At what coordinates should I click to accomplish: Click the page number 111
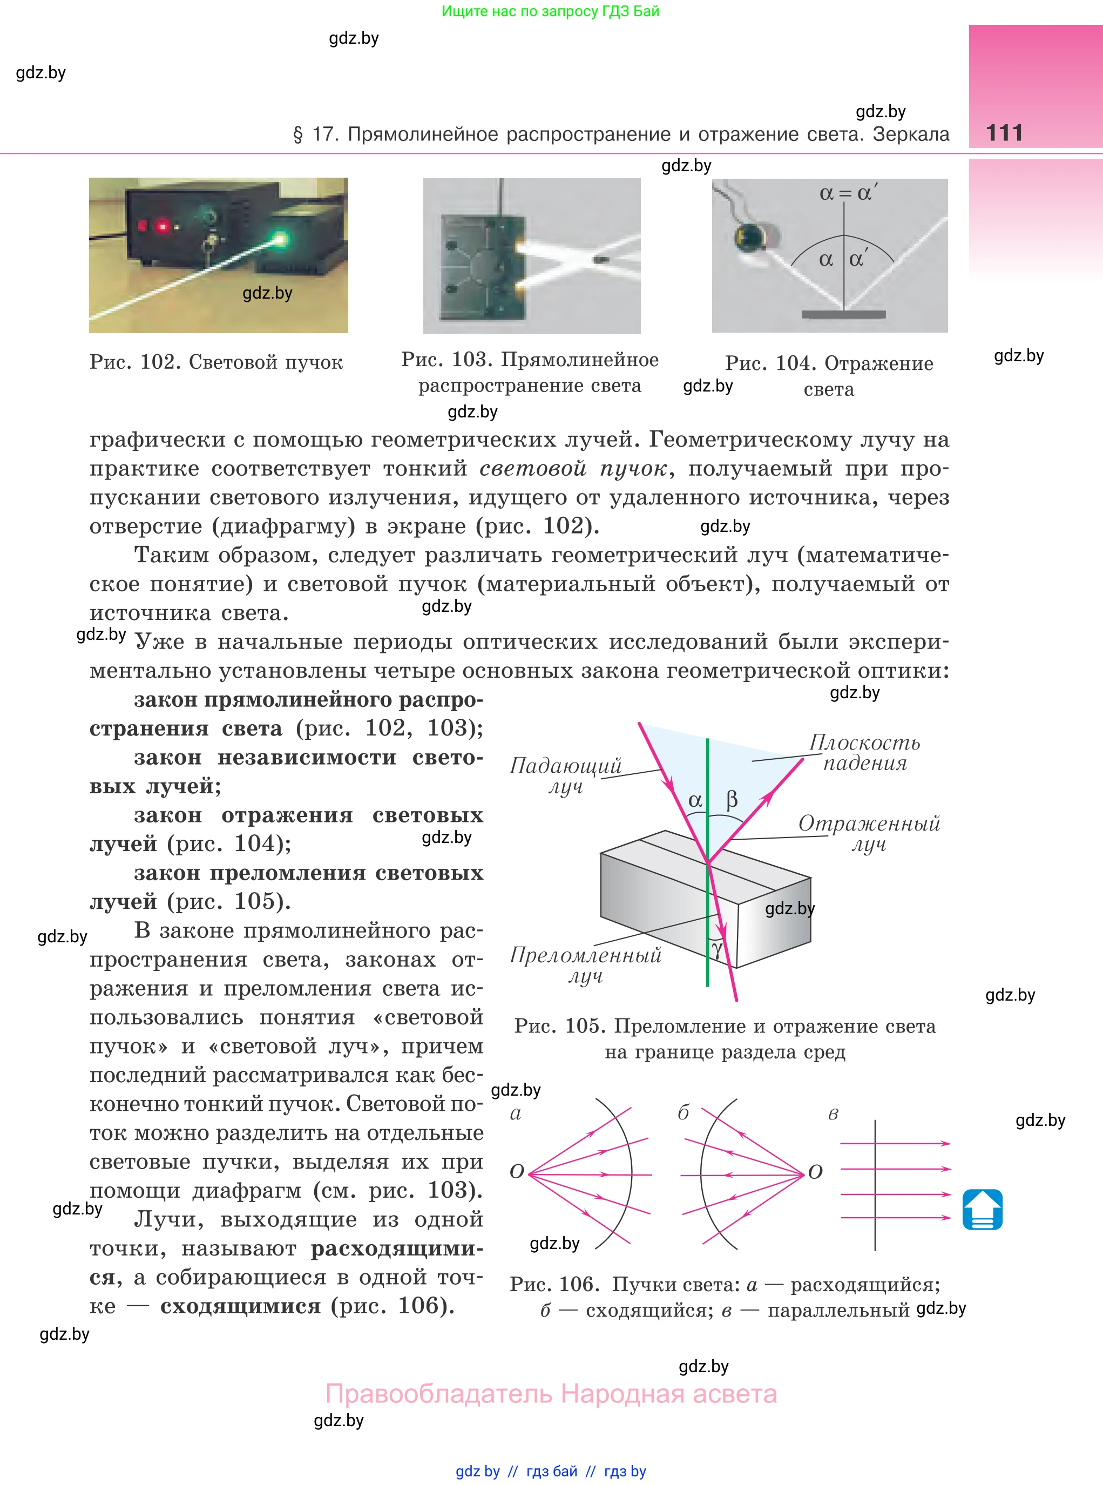click(x=1004, y=133)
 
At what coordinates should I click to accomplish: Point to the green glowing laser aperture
click(x=279, y=238)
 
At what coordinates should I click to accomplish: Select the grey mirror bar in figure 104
click(x=843, y=314)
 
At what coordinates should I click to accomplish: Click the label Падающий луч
click(x=565, y=776)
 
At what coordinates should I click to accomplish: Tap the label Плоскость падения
click(x=865, y=753)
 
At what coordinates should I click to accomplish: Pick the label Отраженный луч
click(x=869, y=833)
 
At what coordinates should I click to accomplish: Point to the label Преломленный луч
click(x=586, y=966)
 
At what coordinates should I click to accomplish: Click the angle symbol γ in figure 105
click(x=718, y=949)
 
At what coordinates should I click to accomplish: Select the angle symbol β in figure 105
click(x=732, y=799)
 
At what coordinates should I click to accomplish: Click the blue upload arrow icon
click(x=982, y=1209)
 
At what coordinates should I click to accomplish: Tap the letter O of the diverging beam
click(x=517, y=1172)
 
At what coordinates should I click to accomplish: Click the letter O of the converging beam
click(x=815, y=1172)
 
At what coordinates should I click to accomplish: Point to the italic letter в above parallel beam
click(x=833, y=1113)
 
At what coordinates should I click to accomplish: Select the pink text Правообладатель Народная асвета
click(x=551, y=1394)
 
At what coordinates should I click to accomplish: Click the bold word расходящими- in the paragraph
click(x=397, y=1248)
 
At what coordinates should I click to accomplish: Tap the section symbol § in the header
click(x=298, y=134)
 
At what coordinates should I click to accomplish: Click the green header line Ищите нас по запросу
click(x=550, y=11)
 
